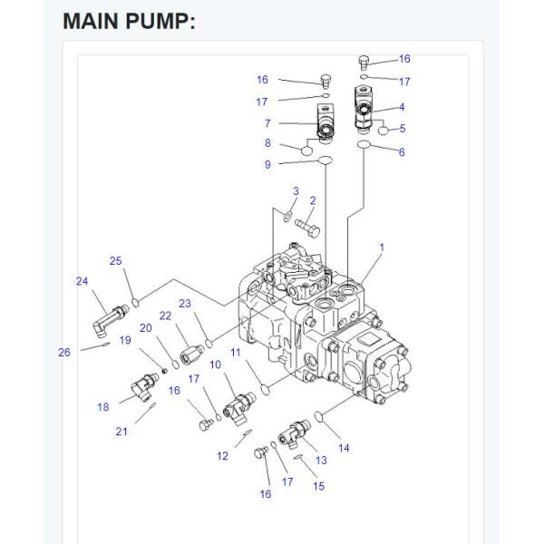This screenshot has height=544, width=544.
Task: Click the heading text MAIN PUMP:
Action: click(x=129, y=21)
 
